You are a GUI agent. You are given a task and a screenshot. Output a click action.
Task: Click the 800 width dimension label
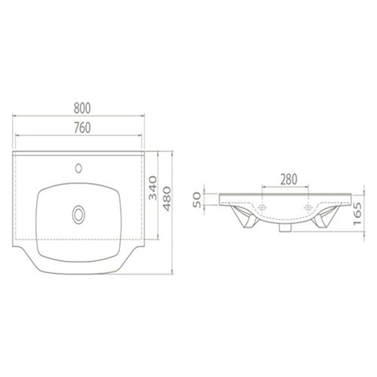(x=82, y=108)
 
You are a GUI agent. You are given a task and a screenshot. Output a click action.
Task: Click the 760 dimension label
(x=82, y=128)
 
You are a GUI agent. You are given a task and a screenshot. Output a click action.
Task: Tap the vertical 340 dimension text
(x=153, y=188)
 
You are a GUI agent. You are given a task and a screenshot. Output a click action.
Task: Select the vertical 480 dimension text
(x=167, y=199)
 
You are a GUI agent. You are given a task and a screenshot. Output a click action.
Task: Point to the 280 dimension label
(x=288, y=179)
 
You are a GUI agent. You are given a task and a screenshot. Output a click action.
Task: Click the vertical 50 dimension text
(x=197, y=200)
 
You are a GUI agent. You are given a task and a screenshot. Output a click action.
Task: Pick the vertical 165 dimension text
(x=358, y=214)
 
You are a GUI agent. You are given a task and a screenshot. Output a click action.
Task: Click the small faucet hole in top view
(x=79, y=168)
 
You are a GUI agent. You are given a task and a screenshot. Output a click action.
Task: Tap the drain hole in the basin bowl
(x=78, y=215)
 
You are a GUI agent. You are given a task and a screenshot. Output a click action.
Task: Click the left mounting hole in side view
(x=262, y=207)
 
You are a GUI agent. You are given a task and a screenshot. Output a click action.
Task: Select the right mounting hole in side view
(x=308, y=207)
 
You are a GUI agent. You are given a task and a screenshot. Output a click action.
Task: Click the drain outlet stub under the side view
(x=285, y=228)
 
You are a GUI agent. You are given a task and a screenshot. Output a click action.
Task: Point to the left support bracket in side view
(x=245, y=217)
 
